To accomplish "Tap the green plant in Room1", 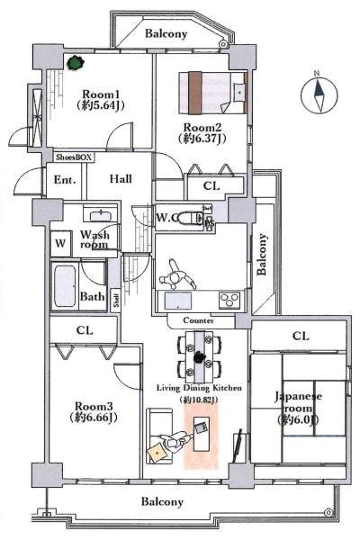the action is [76, 63].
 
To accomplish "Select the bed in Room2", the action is [213, 93].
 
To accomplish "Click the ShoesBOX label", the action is [75, 157].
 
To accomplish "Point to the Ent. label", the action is [65, 180].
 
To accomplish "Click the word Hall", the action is [121, 179].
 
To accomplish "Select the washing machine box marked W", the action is [60, 244].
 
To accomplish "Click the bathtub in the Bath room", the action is [65, 286].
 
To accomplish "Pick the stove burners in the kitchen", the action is [229, 300].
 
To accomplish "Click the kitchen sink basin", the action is [178, 301].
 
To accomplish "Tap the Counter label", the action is [198, 320].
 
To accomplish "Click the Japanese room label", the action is [298, 402].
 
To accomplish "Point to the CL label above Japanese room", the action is [301, 336].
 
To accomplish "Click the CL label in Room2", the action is [211, 186].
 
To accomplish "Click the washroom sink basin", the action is [101, 216].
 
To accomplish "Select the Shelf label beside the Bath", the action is [116, 300].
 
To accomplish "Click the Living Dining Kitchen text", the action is [199, 388].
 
